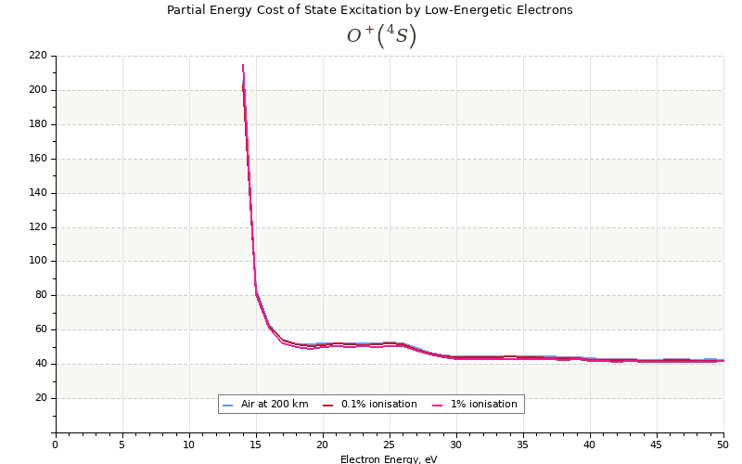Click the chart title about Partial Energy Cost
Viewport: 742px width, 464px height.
pyautogui.click(x=369, y=10)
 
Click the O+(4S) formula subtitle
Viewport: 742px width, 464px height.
pyautogui.click(x=381, y=36)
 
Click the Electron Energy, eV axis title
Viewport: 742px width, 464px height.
pyautogui.click(x=389, y=458)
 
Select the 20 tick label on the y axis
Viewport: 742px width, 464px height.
pyautogui.click(x=40, y=398)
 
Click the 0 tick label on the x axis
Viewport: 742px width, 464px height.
pyautogui.click(x=55, y=445)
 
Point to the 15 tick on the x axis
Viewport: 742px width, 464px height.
pyautogui.click(x=255, y=445)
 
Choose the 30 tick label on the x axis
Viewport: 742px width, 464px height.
pyautogui.click(x=456, y=445)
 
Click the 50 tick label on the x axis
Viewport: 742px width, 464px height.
pyautogui.click(x=723, y=445)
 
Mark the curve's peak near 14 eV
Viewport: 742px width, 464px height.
pyautogui.click(x=243, y=65)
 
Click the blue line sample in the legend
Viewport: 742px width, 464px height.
pyautogui.click(x=227, y=406)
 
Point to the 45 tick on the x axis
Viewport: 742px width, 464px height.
pyautogui.click(x=657, y=445)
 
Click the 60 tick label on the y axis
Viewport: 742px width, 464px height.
pyautogui.click(x=40, y=329)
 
